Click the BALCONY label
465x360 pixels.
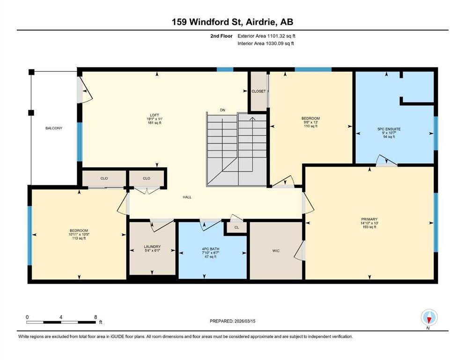(54, 128)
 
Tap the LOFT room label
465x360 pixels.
(155, 115)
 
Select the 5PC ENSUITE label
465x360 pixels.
(389, 129)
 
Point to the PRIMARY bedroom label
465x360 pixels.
(369, 219)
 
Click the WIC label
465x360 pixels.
(276, 251)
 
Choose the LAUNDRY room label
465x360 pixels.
(152, 247)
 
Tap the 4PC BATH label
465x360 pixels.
(211, 249)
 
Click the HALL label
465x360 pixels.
(187, 197)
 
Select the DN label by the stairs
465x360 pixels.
(222, 110)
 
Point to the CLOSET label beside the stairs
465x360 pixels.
(258, 91)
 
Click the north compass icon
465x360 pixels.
(429, 317)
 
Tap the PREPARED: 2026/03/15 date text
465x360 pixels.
(232, 321)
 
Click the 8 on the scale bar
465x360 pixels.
(96, 317)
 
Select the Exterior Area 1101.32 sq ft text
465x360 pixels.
(266, 36)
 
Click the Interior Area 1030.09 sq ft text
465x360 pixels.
(266, 43)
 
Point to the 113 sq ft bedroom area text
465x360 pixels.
(79, 238)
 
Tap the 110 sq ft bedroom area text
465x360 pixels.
(310, 126)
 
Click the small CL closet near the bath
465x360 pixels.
(236, 228)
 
